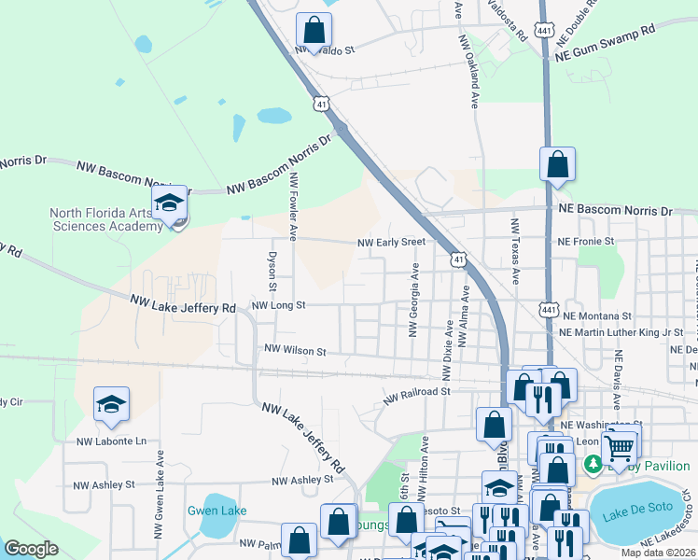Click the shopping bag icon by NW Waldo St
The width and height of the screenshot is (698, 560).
pos(314,30)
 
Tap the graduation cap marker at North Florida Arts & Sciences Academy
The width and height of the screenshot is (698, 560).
pos(170,203)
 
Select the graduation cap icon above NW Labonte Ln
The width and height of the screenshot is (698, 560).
pos(111,404)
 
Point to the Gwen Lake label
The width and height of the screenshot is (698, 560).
pos(216,511)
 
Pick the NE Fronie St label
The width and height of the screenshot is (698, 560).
pos(586,241)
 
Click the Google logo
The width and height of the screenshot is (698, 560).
pos(31,549)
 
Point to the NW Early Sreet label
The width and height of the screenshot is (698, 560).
pos(392,243)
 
